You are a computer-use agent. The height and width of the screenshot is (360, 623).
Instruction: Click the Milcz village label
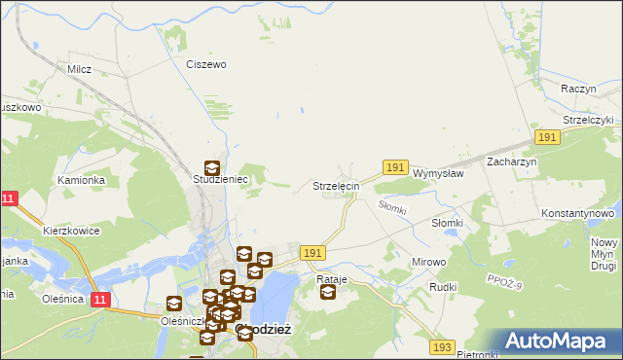79,69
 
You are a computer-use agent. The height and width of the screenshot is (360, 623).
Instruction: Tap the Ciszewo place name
205,64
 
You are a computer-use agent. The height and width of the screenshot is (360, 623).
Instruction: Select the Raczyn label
577,88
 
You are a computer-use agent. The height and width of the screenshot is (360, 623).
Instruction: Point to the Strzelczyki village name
588,120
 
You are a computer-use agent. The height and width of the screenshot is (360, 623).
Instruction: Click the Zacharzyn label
512,162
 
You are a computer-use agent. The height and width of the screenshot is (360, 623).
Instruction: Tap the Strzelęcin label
336,185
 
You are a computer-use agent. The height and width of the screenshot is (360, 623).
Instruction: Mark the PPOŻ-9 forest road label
503,281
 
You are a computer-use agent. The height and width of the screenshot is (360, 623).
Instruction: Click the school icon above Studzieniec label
211,167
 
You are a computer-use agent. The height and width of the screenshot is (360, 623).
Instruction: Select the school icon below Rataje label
327,291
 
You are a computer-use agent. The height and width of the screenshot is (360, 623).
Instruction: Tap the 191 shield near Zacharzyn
547,138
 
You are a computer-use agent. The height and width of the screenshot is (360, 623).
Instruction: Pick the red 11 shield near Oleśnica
100,299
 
